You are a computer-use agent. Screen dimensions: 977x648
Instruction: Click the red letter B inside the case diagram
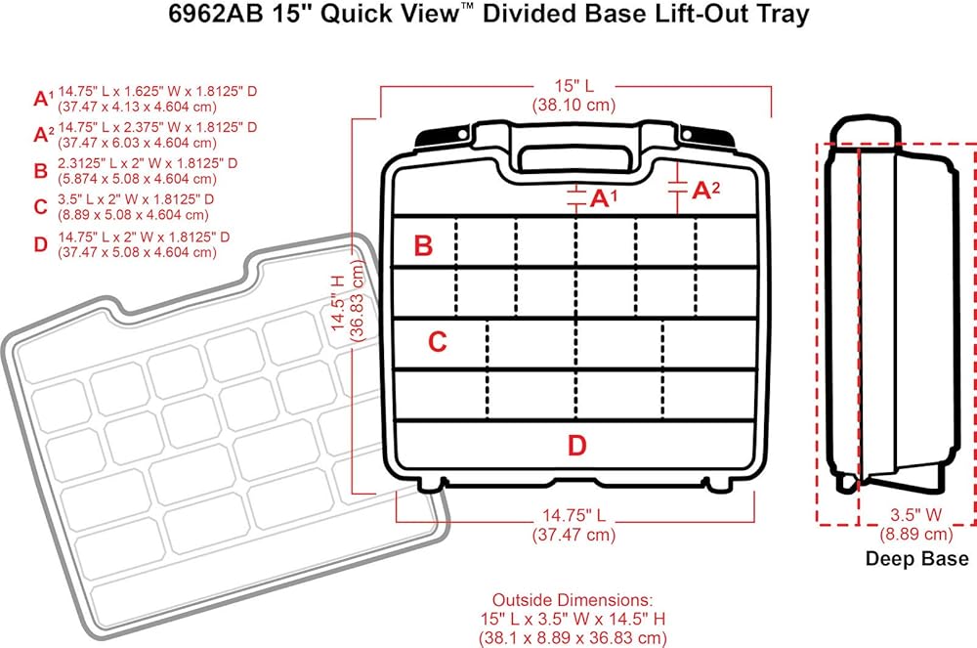[x=423, y=245]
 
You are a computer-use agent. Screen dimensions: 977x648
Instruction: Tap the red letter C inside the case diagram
[x=438, y=342]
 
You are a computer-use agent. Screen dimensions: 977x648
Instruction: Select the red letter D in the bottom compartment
[x=577, y=446]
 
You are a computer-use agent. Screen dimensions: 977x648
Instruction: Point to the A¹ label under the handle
[x=605, y=198]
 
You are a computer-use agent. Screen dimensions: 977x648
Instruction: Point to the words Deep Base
[x=916, y=559]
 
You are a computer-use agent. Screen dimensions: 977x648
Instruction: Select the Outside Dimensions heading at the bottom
[x=571, y=598]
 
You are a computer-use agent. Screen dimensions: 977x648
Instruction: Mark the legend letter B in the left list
[x=40, y=172]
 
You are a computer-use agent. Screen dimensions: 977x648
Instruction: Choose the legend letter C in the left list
[x=40, y=207]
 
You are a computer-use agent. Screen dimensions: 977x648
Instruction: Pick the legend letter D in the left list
[x=40, y=244]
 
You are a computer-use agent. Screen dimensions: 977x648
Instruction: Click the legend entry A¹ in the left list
[x=43, y=98]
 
